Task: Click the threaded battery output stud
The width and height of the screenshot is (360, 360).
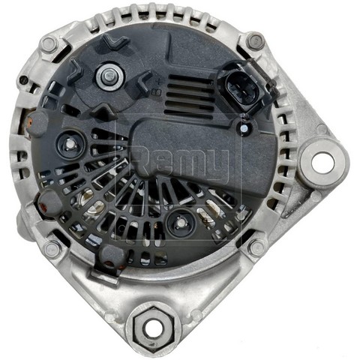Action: [x=110, y=76]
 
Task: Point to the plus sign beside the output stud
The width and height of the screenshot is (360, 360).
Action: [x=158, y=82]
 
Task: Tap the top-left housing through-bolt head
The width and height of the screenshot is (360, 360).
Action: [x=49, y=44]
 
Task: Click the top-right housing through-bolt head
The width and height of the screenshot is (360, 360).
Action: [x=255, y=40]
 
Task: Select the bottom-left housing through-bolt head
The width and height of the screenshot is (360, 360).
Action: [x=52, y=248]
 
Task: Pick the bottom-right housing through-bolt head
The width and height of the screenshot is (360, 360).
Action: [x=257, y=247]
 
